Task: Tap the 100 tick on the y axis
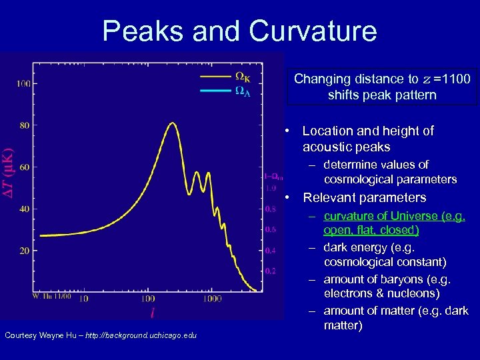23,83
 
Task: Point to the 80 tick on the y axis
25,125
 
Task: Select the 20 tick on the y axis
25,251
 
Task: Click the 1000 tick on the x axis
213,299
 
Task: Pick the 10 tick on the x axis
83,299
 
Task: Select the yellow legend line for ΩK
215,76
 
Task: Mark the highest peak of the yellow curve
173,123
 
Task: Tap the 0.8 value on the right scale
271,209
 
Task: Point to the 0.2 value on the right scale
271,271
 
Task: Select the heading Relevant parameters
364,197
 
